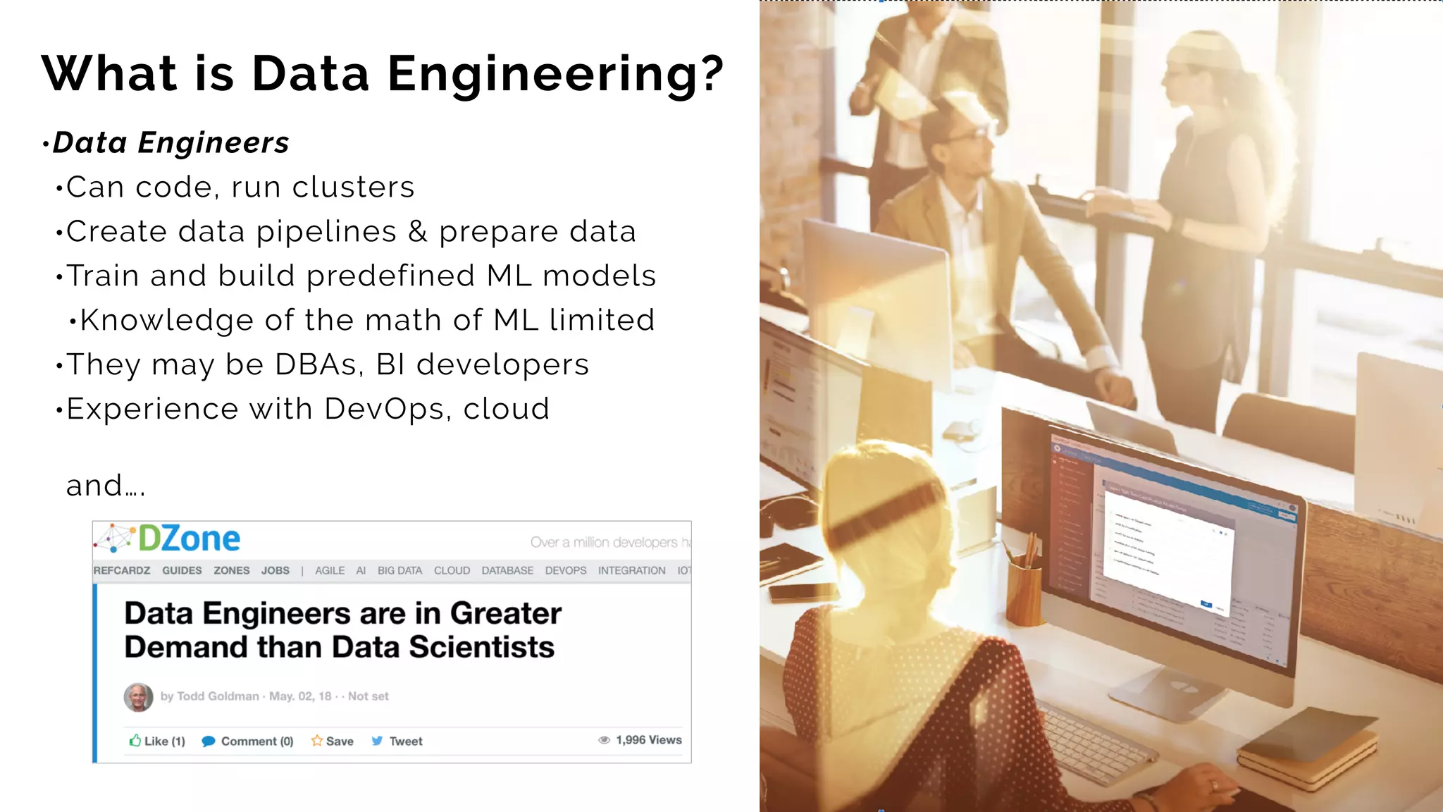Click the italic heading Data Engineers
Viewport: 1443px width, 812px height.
pyautogui.click(x=171, y=143)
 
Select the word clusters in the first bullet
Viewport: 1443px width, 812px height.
pyautogui.click(x=353, y=187)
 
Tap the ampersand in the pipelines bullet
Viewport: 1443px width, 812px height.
pyautogui.click(x=418, y=232)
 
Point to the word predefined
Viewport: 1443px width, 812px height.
pyautogui.click(x=391, y=276)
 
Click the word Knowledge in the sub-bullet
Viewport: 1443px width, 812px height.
pyautogui.click(x=167, y=321)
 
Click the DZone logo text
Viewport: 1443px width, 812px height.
pyautogui.click(x=189, y=539)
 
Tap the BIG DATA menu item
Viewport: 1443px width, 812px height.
pyautogui.click(x=400, y=571)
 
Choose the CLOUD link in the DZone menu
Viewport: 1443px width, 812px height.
pyautogui.click(x=452, y=571)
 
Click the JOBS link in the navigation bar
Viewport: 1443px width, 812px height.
pyautogui.click(x=275, y=571)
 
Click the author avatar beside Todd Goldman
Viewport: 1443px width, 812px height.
pyautogui.click(x=138, y=697)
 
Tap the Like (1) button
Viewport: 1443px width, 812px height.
pyautogui.click(x=157, y=741)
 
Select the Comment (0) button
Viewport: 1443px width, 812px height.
pyautogui.click(x=247, y=741)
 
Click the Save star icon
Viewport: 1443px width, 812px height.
pyautogui.click(x=317, y=741)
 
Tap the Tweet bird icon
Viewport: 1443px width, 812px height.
pyautogui.click(x=378, y=741)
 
